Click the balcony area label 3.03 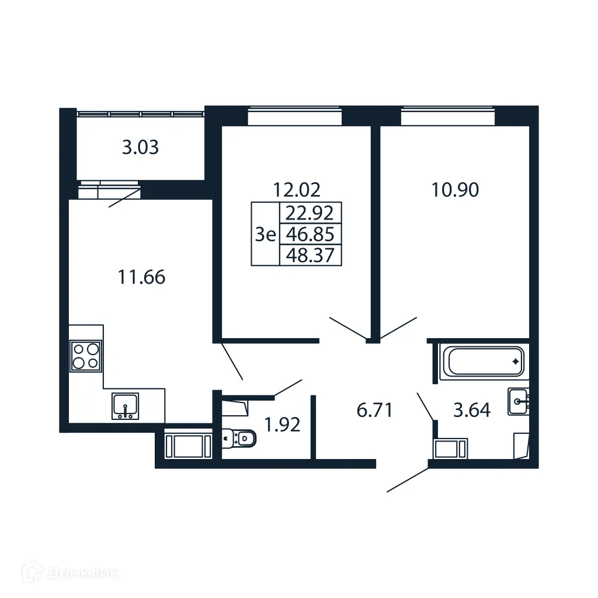point(140,148)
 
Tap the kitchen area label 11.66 point(141,277)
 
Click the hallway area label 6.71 point(374,410)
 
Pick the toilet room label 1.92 point(283,425)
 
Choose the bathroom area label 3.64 point(472,410)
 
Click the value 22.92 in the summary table point(311,213)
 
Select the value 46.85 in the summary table point(311,234)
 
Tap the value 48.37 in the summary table point(311,255)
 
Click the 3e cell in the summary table point(265,234)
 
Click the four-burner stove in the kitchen point(85,356)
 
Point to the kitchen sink point(125,406)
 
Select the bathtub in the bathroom point(484,361)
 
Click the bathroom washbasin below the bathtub point(519,401)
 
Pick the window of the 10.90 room point(447,117)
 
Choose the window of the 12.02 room point(294,117)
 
